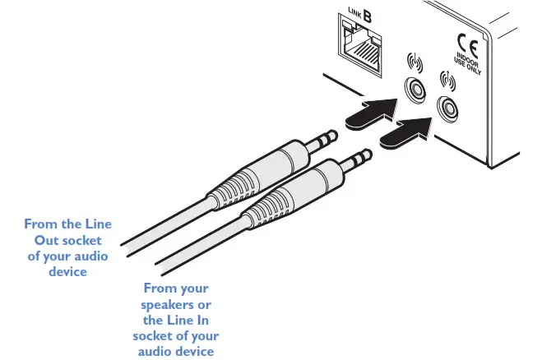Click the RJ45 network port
[x=363, y=48]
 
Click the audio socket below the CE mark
[x=449, y=107]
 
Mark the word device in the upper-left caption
[x=67, y=271]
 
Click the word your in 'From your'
[x=193, y=288]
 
